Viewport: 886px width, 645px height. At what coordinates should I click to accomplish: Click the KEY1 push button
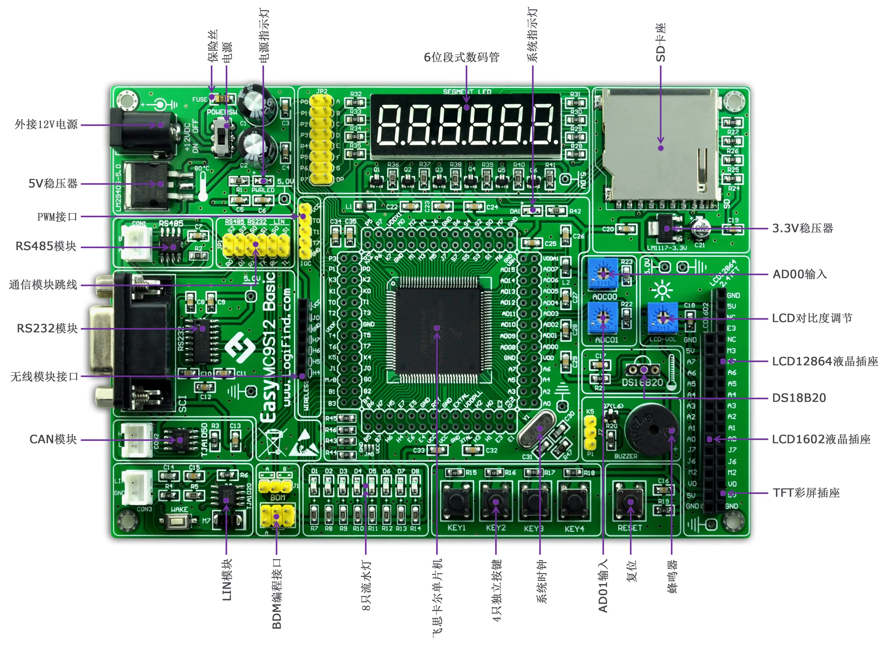click(456, 501)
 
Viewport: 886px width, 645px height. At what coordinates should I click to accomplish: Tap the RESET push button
click(629, 501)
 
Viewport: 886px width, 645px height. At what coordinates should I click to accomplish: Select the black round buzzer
click(651, 430)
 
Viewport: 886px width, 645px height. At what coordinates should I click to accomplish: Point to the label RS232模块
click(47, 329)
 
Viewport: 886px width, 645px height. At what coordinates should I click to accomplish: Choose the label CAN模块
click(54, 439)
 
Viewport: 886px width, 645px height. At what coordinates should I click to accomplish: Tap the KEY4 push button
click(573, 501)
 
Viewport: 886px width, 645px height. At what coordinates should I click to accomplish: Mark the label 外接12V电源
click(46, 124)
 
